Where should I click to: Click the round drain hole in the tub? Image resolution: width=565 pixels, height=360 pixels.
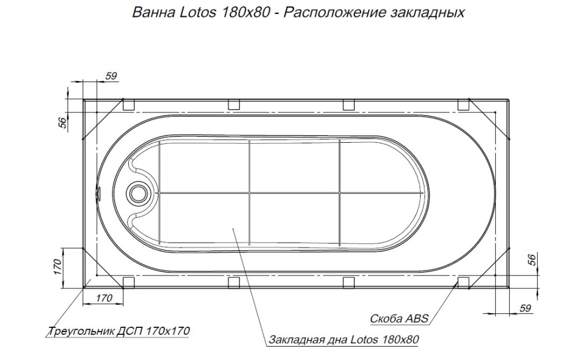pyautogui.click(x=139, y=192)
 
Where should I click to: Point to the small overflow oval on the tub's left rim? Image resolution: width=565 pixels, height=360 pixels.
pyautogui.click(x=98, y=191)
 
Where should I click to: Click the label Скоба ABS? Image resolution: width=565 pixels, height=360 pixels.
pyautogui.click(x=400, y=319)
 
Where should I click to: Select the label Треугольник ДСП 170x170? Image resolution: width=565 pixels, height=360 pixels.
pyautogui.click(x=118, y=331)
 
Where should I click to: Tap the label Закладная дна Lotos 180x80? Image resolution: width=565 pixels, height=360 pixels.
pyautogui.click(x=344, y=340)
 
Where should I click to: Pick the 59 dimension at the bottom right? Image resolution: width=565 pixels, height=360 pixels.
pyautogui.click(x=525, y=309)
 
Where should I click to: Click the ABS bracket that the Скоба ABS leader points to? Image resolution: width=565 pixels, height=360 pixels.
pyautogui.click(x=464, y=283)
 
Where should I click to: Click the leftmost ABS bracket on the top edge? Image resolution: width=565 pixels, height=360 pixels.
pyautogui.click(x=129, y=104)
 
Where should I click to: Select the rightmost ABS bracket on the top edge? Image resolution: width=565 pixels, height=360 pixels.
pyautogui.click(x=464, y=104)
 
